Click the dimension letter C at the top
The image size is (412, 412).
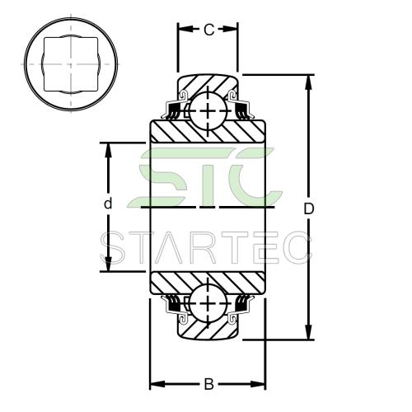208,30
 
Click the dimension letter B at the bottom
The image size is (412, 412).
208,384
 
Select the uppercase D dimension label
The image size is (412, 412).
309,209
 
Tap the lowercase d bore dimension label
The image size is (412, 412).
109,204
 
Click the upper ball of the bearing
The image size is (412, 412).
208,110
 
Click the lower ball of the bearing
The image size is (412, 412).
208,303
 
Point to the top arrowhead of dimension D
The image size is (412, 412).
309,82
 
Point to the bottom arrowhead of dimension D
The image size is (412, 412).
309,332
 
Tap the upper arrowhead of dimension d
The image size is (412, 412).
109,150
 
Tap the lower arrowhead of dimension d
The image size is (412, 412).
109,264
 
